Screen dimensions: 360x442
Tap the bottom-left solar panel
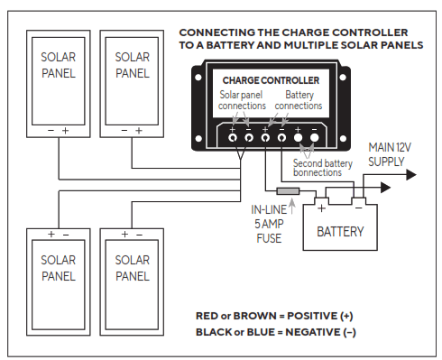coord(60,279)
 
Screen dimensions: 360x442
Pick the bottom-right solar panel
coord(132,279)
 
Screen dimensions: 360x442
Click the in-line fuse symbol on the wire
coord(288,191)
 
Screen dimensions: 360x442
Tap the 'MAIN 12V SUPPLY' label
coord(391,154)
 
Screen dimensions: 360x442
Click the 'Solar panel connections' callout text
coord(242,100)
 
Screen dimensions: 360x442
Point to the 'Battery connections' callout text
coord(298,100)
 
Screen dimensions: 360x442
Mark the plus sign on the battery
coord(321,208)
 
